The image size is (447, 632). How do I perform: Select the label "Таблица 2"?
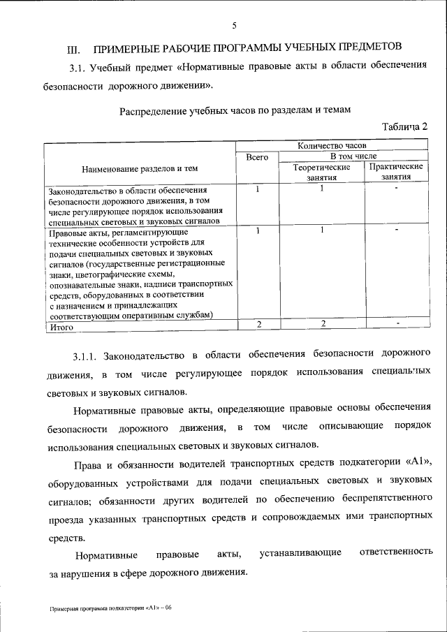tap(404, 126)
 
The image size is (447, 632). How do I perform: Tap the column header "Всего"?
tap(257, 158)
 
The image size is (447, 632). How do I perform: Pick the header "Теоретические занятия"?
tap(321, 172)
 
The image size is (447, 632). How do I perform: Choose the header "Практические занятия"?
tap(396, 172)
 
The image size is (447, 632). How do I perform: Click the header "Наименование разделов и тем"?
tap(140, 168)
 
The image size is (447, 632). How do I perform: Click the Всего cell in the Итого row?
tap(258, 323)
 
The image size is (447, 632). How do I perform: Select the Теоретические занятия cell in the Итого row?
tap(323, 323)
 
